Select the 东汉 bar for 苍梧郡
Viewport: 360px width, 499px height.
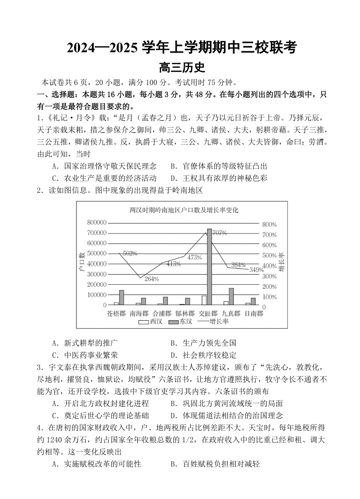121,298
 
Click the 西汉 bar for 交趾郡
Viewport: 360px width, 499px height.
204,300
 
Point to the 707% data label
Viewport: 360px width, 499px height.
220,233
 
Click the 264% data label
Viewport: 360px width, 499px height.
151,279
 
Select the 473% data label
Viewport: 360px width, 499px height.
194,257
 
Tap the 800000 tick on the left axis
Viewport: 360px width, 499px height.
97,222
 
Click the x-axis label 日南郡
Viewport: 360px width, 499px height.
254,313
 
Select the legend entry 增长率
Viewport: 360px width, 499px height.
213,322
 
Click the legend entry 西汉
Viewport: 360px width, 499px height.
151,322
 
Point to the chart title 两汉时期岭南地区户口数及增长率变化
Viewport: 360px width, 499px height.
183,210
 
